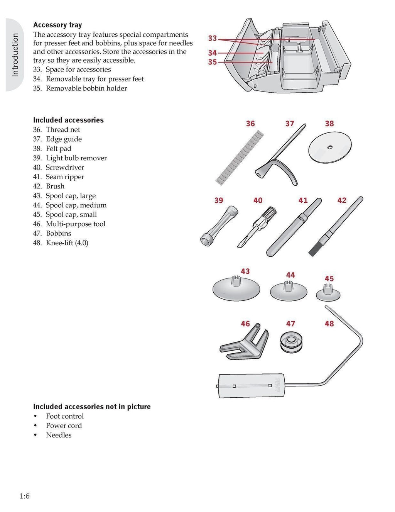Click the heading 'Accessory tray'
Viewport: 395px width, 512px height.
(57, 25)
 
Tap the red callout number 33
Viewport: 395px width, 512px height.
(213, 38)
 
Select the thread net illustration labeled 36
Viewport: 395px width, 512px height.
(240, 157)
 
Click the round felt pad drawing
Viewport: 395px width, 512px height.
(330, 147)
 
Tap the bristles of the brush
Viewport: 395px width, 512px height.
(314, 249)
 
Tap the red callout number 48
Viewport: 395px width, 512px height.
(329, 324)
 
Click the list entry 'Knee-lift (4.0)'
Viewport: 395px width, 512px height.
(67, 243)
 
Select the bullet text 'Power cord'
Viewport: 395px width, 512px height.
(64, 426)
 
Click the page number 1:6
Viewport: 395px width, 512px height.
(25, 496)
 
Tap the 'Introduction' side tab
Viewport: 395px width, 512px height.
(15, 55)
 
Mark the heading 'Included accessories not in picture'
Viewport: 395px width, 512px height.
(92, 407)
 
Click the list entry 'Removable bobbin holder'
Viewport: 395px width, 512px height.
(86, 88)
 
